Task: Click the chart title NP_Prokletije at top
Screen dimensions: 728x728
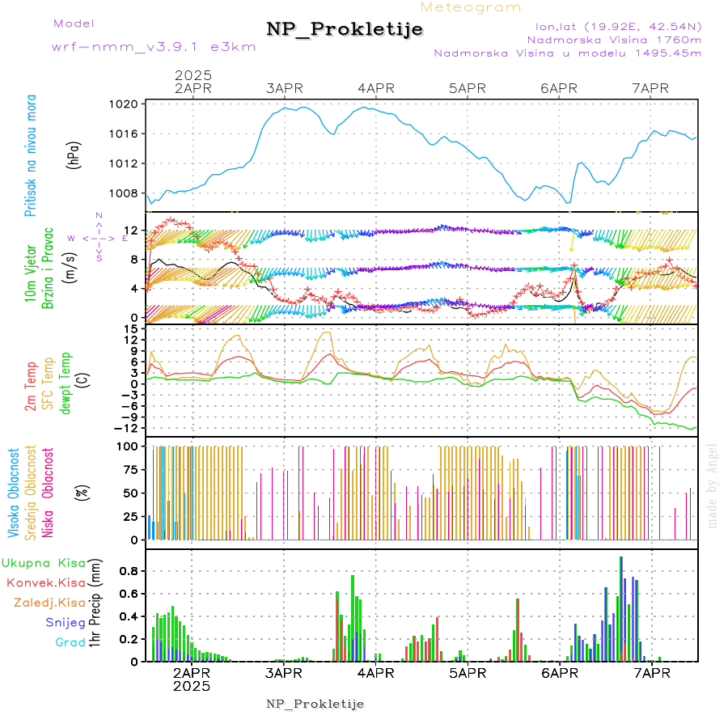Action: pyautogui.click(x=345, y=30)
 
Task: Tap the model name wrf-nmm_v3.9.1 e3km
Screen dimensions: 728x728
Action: pyautogui.click(x=154, y=47)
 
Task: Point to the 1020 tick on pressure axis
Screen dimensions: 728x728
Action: pyautogui.click(x=129, y=104)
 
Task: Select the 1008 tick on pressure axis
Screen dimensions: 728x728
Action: pyautogui.click(x=129, y=193)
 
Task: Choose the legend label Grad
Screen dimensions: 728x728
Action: pyautogui.click(x=70, y=642)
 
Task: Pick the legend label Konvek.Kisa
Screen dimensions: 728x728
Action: pyautogui.click(x=45, y=582)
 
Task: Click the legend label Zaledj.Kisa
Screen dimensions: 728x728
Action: pyautogui.click(x=49, y=603)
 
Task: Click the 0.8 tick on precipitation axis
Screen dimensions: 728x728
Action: pyautogui.click(x=129, y=571)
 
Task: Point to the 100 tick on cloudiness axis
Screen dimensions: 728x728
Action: pyautogui.click(x=129, y=446)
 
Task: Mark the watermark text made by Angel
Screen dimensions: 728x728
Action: pyautogui.click(x=712, y=485)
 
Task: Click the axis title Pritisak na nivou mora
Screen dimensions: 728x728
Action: pyautogui.click(x=31, y=158)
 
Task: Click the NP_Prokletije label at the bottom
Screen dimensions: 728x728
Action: pyautogui.click(x=315, y=705)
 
